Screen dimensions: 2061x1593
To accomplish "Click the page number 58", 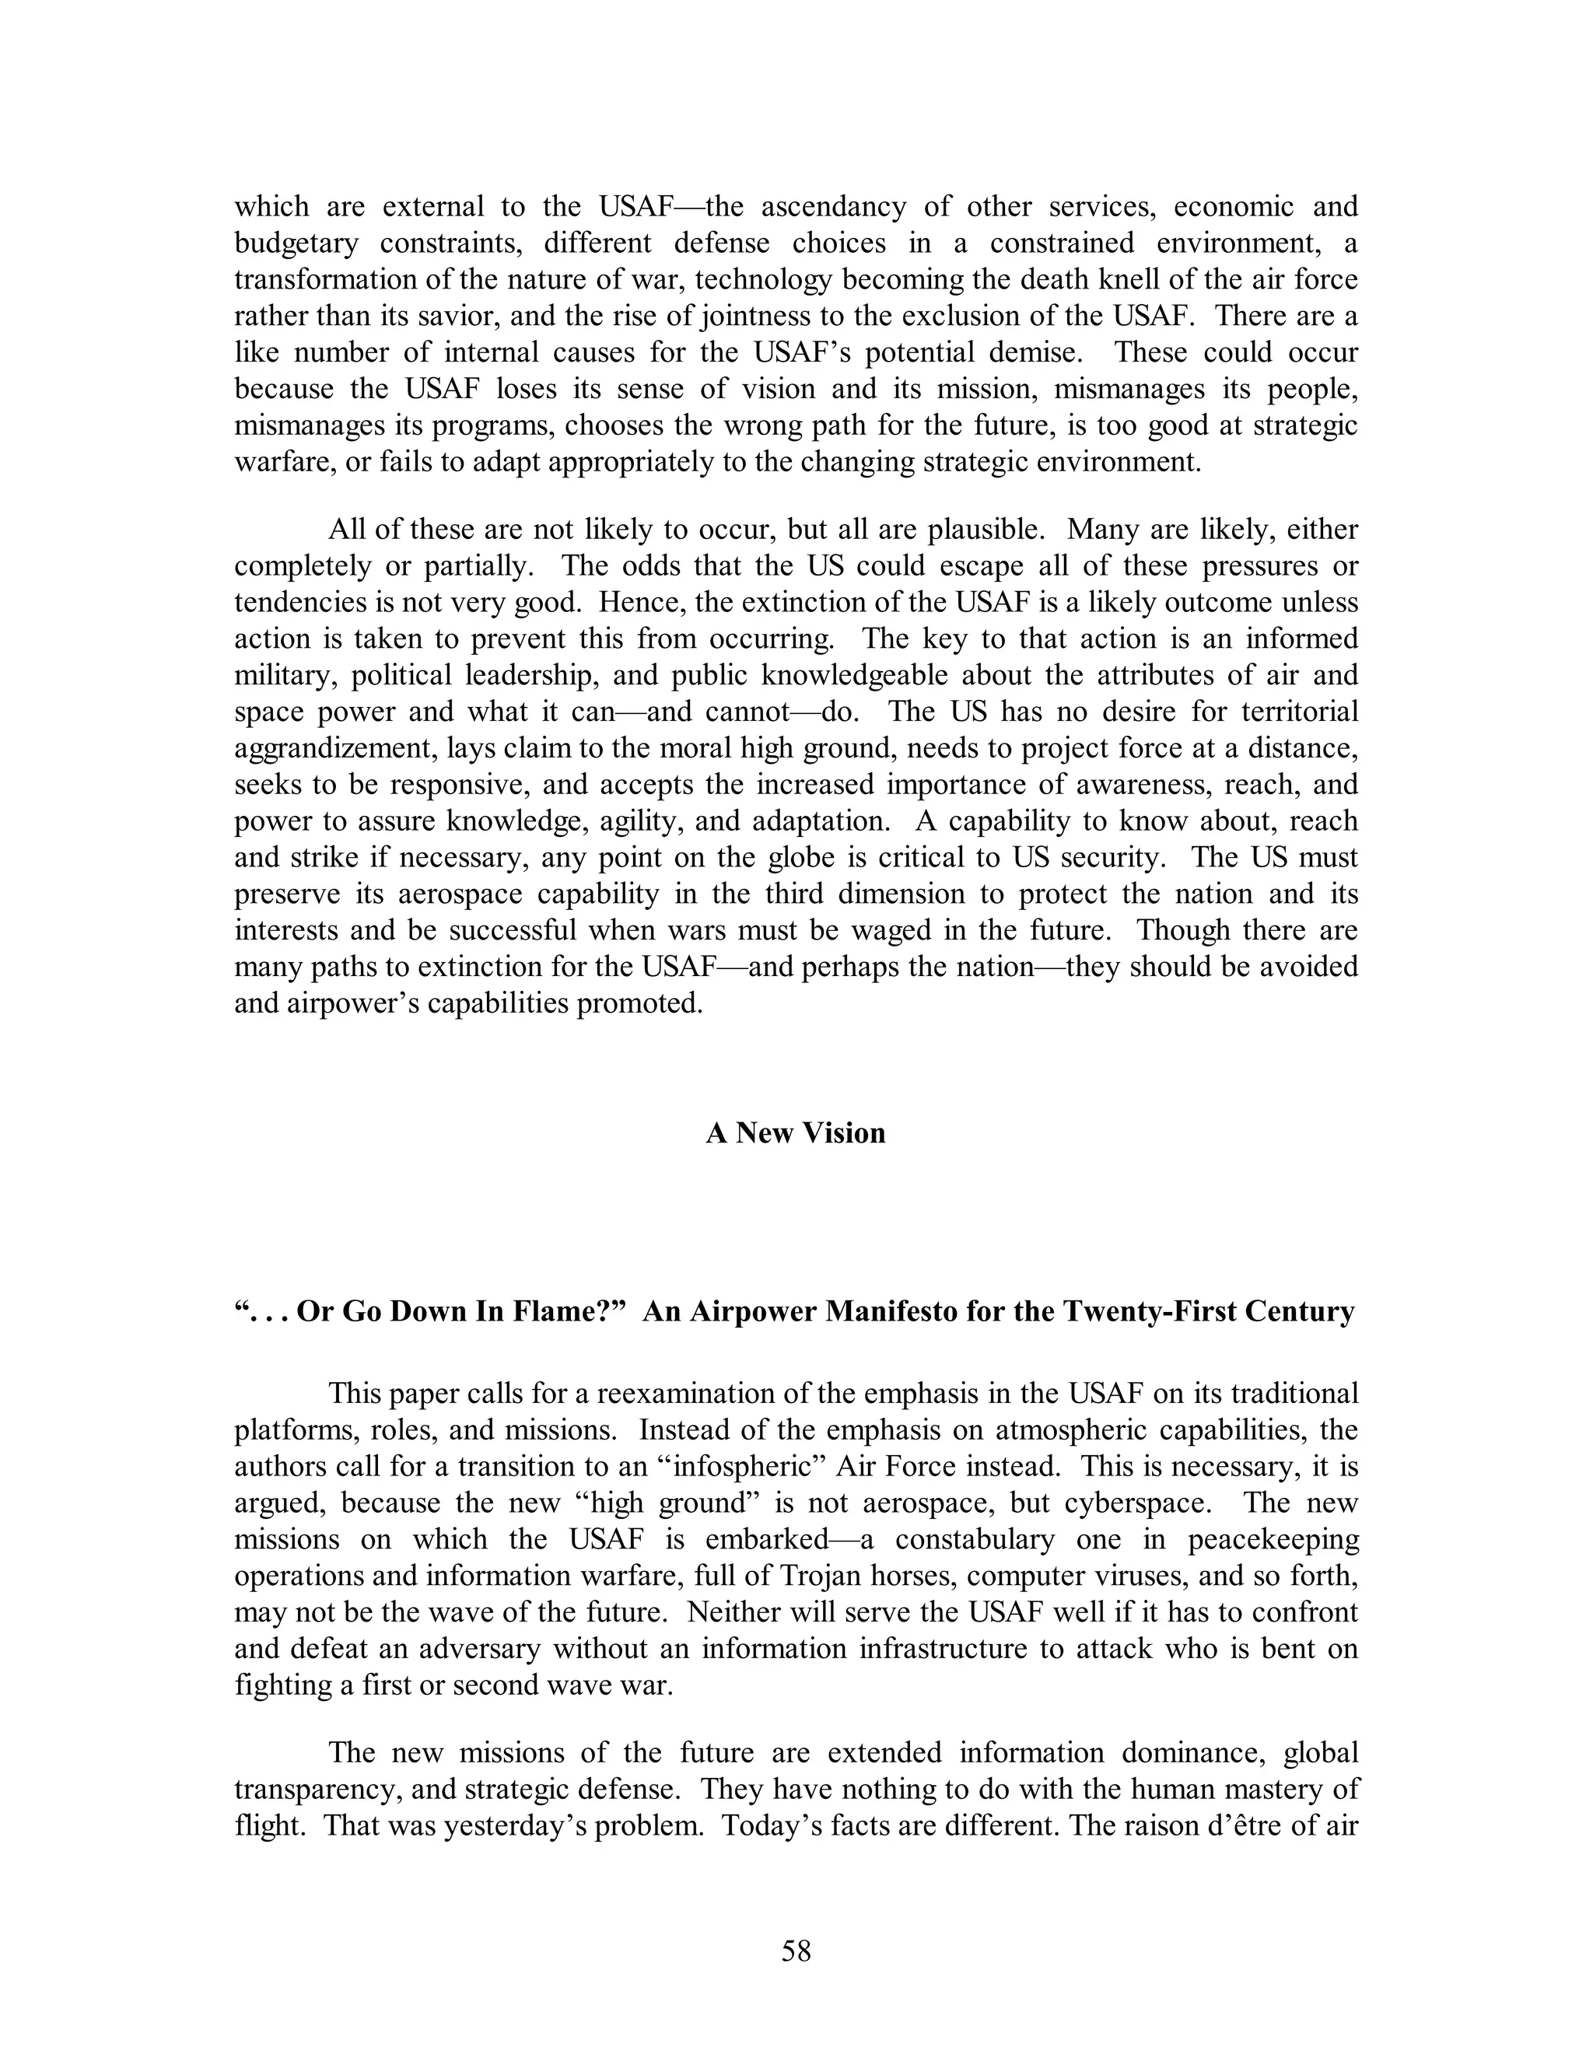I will point(796,1951).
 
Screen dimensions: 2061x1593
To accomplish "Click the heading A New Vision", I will point(796,1132).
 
